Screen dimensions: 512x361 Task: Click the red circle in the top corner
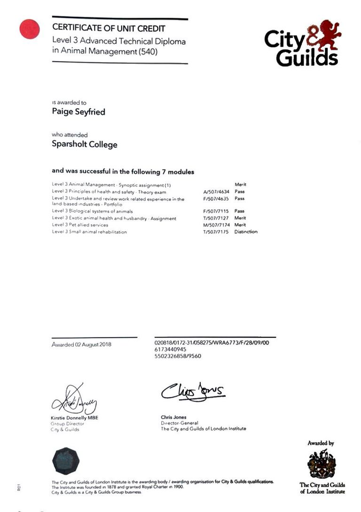tap(29, 29)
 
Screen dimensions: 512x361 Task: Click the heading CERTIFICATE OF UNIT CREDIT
tap(109, 29)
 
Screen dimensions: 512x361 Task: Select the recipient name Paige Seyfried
tap(78, 112)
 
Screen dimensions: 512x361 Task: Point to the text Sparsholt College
tap(84, 144)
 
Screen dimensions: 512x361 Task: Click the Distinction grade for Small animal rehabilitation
tap(245, 232)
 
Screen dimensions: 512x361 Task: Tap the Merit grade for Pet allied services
tap(240, 225)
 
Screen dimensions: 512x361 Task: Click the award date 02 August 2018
tap(81, 345)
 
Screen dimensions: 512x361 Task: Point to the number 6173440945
tap(170, 349)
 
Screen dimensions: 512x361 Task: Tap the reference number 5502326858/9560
tap(178, 356)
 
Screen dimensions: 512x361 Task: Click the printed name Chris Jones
tap(173, 417)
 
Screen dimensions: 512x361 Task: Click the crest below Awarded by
tap(322, 463)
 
